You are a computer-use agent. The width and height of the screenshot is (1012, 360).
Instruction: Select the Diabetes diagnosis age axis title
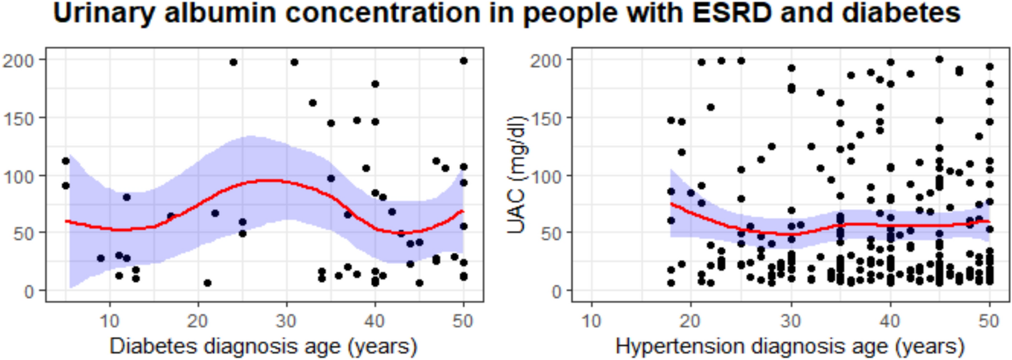point(263,346)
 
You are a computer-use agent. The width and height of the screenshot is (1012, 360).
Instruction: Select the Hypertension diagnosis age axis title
point(790,346)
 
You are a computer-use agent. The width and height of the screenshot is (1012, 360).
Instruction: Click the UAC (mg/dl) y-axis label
point(517,175)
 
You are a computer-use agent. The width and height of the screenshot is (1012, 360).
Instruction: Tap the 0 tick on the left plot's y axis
point(28,291)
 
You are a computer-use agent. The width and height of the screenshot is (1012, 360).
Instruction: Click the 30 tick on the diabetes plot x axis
point(286,321)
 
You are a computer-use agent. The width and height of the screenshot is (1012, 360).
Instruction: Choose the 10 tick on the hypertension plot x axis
point(591,321)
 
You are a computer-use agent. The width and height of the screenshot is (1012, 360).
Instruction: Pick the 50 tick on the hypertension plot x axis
point(989,321)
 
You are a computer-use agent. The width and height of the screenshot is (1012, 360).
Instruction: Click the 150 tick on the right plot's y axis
point(545,119)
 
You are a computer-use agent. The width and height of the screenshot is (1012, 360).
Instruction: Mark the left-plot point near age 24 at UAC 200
point(233,62)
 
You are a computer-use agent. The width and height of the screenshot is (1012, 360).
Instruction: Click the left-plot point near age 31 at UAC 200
point(294,62)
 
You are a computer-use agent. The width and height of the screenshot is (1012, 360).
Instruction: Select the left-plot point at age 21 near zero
point(207,283)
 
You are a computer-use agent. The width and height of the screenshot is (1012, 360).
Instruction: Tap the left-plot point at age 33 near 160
point(313,103)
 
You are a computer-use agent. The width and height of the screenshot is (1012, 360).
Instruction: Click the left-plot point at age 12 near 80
point(126,197)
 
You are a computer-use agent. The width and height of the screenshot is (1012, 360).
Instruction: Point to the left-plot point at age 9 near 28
point(101,258)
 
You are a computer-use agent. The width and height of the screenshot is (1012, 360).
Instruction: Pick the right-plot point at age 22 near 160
point(710,107)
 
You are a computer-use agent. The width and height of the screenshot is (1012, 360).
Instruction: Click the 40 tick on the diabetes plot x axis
point(375,321)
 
